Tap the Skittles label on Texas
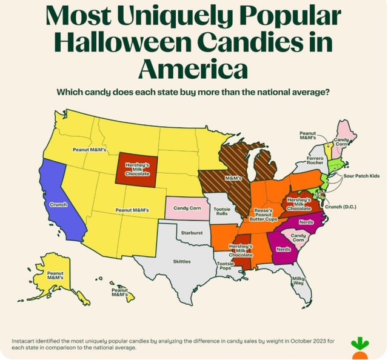click(182, 261)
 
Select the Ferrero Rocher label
click(314, 160)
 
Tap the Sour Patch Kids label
click(361, 175)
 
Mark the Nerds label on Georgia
click(283, 250)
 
